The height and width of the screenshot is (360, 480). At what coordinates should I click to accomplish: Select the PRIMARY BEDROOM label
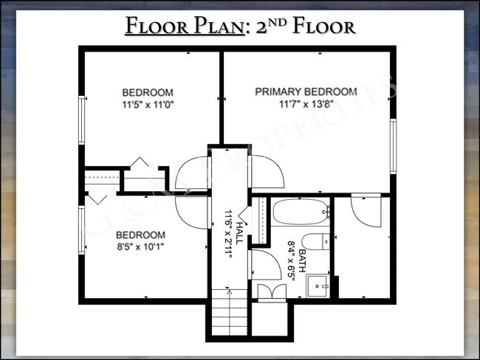coord(306,91)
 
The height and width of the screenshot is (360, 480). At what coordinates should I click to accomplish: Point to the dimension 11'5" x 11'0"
coord(147,105)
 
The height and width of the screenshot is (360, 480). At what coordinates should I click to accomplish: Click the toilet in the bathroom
coord(314,242)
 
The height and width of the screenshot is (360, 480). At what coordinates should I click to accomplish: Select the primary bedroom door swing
coord(267,175)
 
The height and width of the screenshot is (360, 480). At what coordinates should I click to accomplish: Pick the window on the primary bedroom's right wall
coord(394,145)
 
